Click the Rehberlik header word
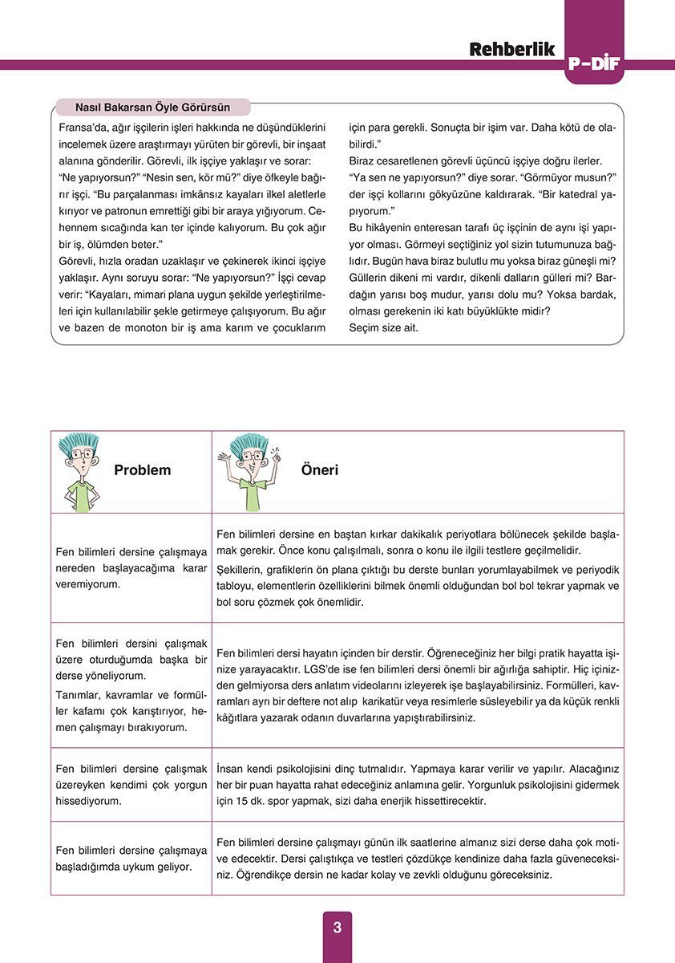coord(512,49)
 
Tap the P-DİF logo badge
coord(593,64)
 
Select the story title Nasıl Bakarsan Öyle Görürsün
coord(152,107)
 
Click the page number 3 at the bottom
coord(337,928)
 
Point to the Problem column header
coord(142,470)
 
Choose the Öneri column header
coord(319,470)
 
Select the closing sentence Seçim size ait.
coord(383,327)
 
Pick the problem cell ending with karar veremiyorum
coord(131,568)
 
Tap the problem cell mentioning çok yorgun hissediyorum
coord(131,784)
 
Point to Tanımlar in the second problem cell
coord(78,694)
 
